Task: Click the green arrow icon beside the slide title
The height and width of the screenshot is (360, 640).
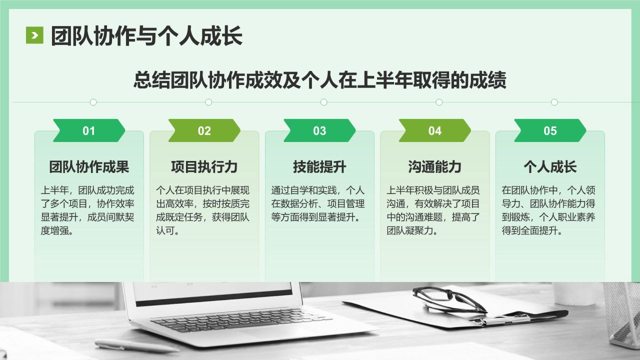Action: [x=34, y=35]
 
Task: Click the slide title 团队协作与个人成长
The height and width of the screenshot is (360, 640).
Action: [x=146, y=36]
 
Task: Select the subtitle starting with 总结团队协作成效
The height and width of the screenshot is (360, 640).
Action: [x=320, y=80]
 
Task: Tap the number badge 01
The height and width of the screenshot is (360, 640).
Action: [x=89, y=131]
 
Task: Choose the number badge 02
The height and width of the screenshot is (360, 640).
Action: [x=204, y=131]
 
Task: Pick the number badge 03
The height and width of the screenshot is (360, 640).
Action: [x=319, y=131]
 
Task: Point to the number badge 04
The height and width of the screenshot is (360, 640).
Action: [x=435, y=131]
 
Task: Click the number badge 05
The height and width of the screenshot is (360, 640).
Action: [x=550, y=131]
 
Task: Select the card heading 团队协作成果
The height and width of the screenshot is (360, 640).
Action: [x=89, y=167]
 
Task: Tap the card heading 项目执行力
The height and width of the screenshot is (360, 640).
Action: [x=204, y=167]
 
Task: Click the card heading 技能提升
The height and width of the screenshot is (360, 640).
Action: [x=319, y=167]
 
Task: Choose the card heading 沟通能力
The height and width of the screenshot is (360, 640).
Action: [x=435, y=167]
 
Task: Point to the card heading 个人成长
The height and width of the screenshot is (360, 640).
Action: [x=550, y=167]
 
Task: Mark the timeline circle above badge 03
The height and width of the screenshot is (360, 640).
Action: [x=323, y=102]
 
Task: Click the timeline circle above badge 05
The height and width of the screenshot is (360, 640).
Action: [x=554, y=102]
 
